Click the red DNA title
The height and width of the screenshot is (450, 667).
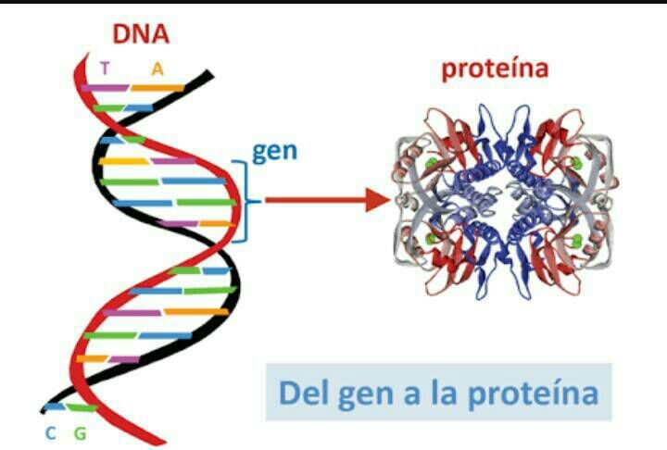click(141, 34)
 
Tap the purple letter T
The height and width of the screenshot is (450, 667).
click(105, 68)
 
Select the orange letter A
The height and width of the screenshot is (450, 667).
click(157, 68)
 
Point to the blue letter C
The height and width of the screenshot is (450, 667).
click(51, 431)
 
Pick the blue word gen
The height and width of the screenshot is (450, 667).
click(274, 151)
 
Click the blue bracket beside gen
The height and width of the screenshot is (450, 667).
click(243, 200)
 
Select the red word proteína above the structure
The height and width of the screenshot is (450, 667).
click(495, 69)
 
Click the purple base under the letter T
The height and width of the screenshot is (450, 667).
click(105, 87)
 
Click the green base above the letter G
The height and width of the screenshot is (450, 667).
click(82, 407)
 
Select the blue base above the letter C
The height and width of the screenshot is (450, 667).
click(55, 406)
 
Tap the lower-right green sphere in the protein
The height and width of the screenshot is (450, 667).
click(577, 241)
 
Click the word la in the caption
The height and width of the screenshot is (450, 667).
click(438, 394)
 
